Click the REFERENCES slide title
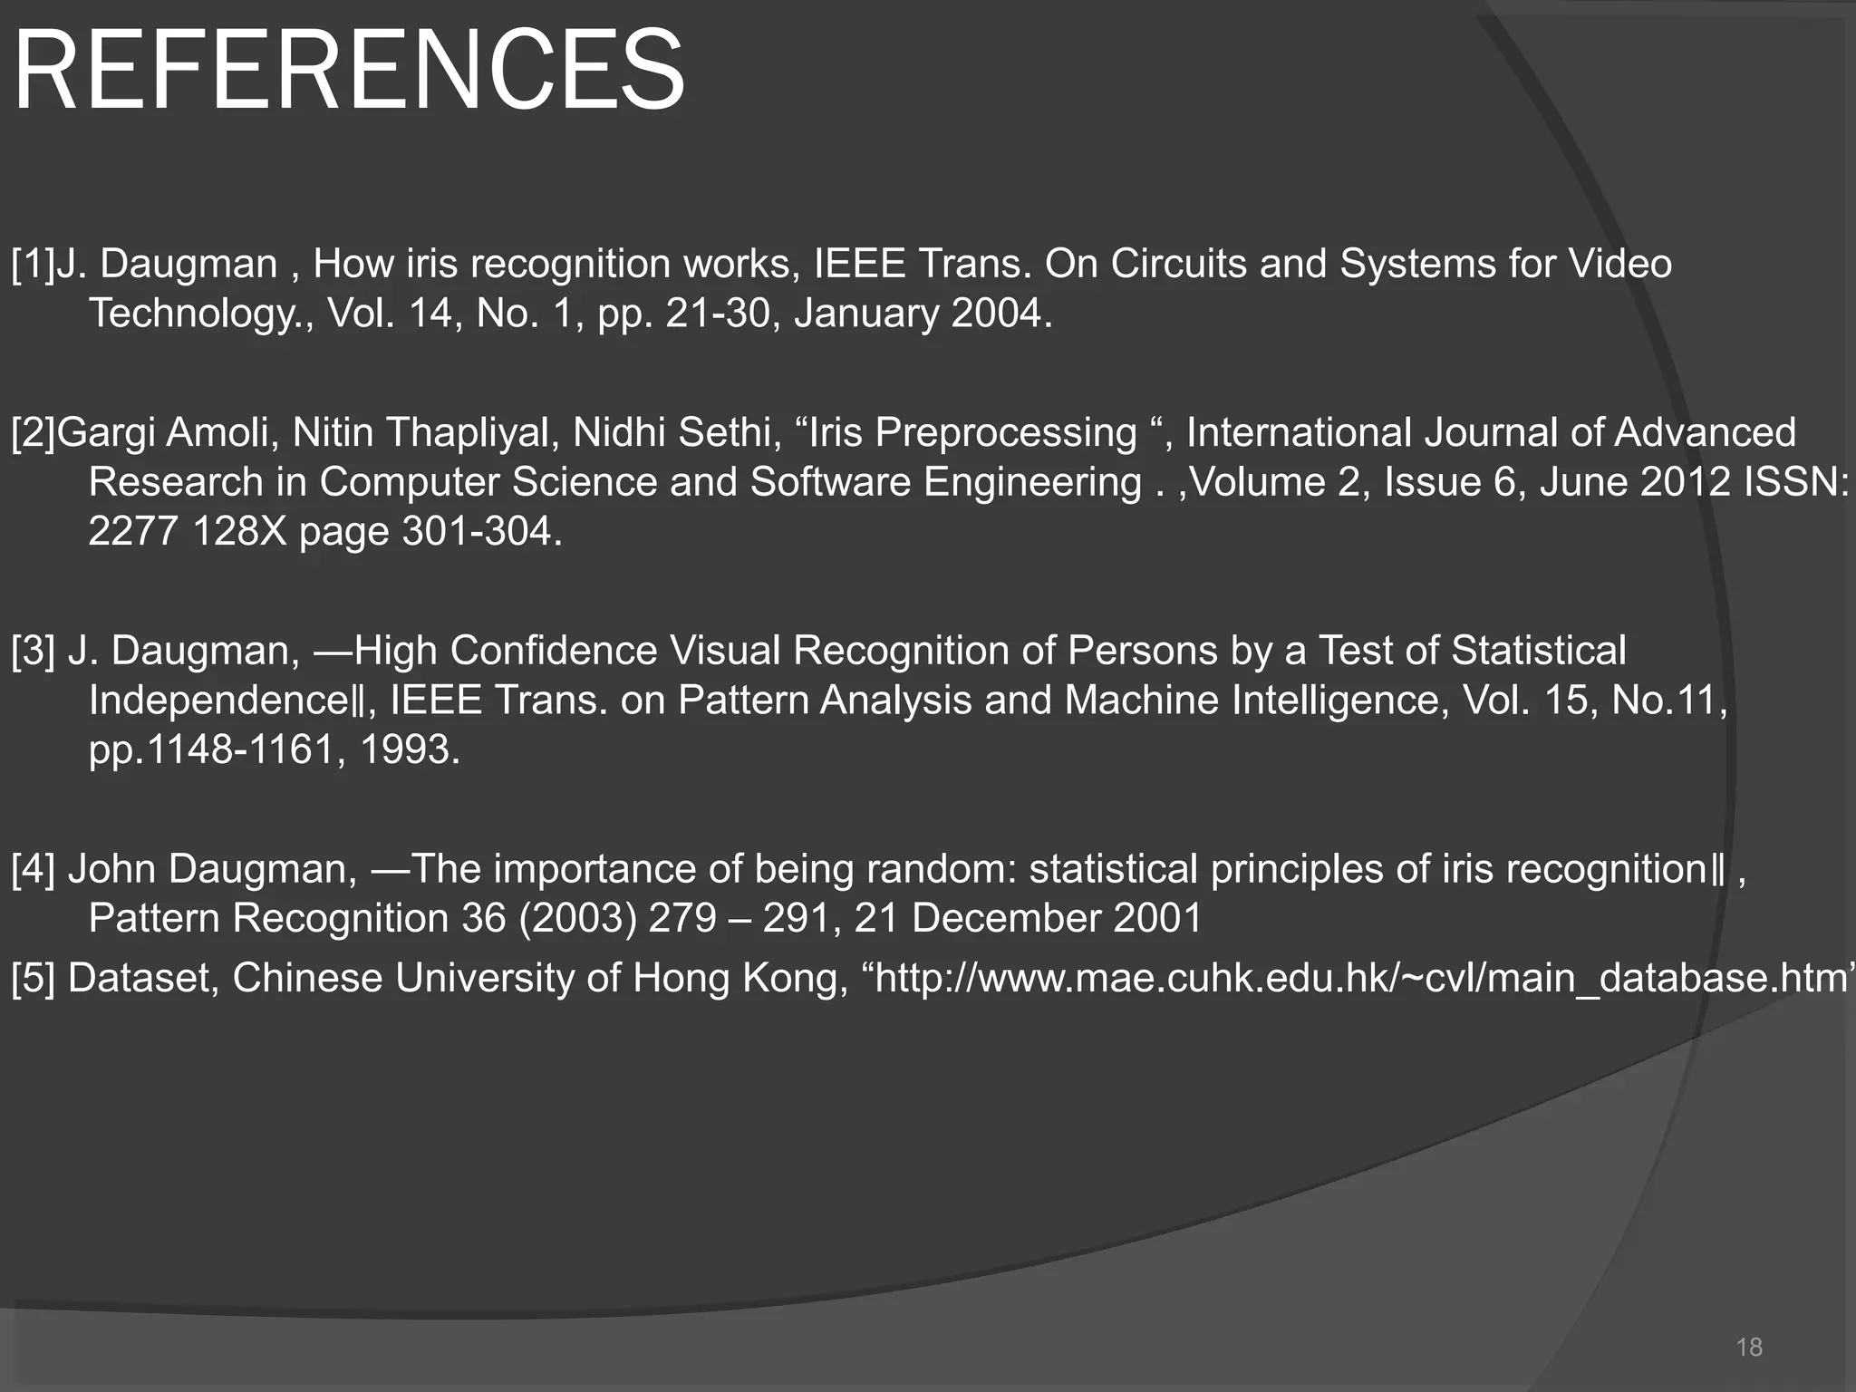(349, 71)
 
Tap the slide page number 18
(1748, 1347)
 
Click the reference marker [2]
(34, 433)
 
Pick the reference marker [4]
(34, 869)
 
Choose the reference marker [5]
(34, 979)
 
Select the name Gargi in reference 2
(105, 433)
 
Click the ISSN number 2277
(133, 532)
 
